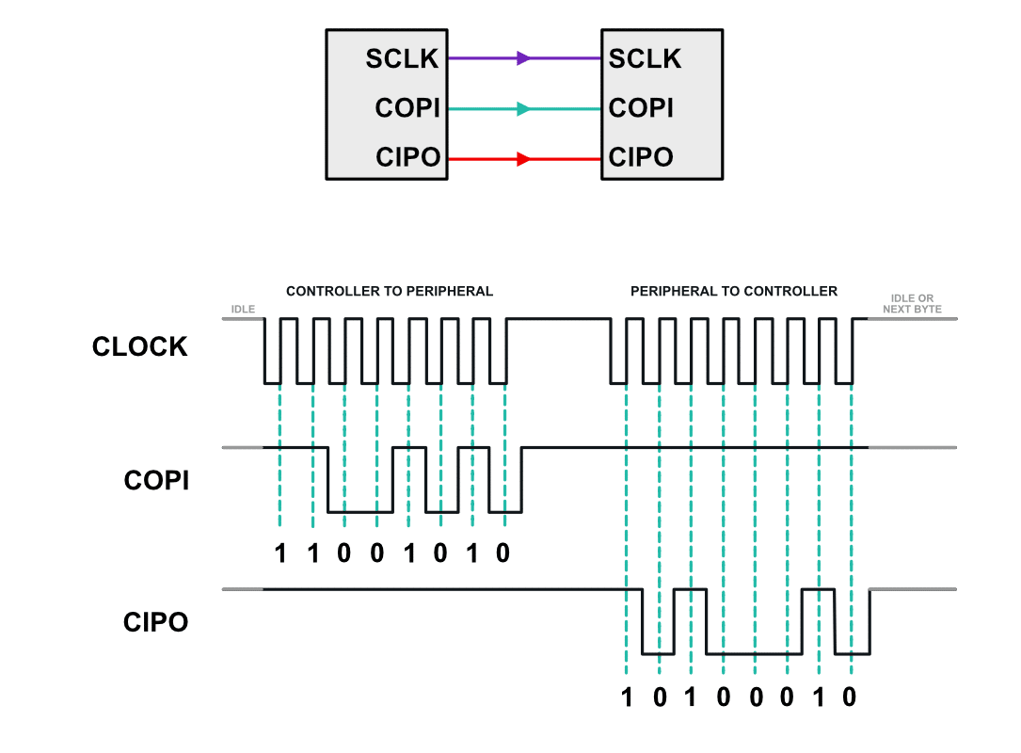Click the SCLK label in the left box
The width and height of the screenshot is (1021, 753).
(403, 58)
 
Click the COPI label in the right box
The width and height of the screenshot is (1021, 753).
(641, 108)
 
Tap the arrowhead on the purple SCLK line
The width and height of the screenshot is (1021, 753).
(524, 58)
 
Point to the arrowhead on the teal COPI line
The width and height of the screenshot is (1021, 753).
(524, 109)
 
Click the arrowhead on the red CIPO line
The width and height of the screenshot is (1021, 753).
(524, 159)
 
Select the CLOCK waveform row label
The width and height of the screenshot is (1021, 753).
(140, 347)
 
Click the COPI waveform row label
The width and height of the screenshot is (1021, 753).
(156, 481)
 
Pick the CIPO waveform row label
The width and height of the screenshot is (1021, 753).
(155, 622)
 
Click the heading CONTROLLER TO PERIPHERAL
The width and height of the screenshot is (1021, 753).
(390, 292)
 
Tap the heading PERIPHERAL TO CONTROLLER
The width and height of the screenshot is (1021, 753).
(734, 292)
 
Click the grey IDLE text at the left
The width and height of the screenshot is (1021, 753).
(243, 308)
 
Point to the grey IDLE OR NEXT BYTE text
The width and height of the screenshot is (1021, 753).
(913, 303)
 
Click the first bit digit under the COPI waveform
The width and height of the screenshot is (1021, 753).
(279, 553)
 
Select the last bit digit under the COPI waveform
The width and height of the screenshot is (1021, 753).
(503, 553)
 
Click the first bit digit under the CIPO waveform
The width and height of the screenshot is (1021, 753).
(627, 697)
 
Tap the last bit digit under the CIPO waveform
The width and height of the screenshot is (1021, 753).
(849, 697)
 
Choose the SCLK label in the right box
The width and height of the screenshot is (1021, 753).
(645, 58)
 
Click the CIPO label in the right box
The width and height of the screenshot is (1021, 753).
(641, 157)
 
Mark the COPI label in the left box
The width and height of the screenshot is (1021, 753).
(407, 108)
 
